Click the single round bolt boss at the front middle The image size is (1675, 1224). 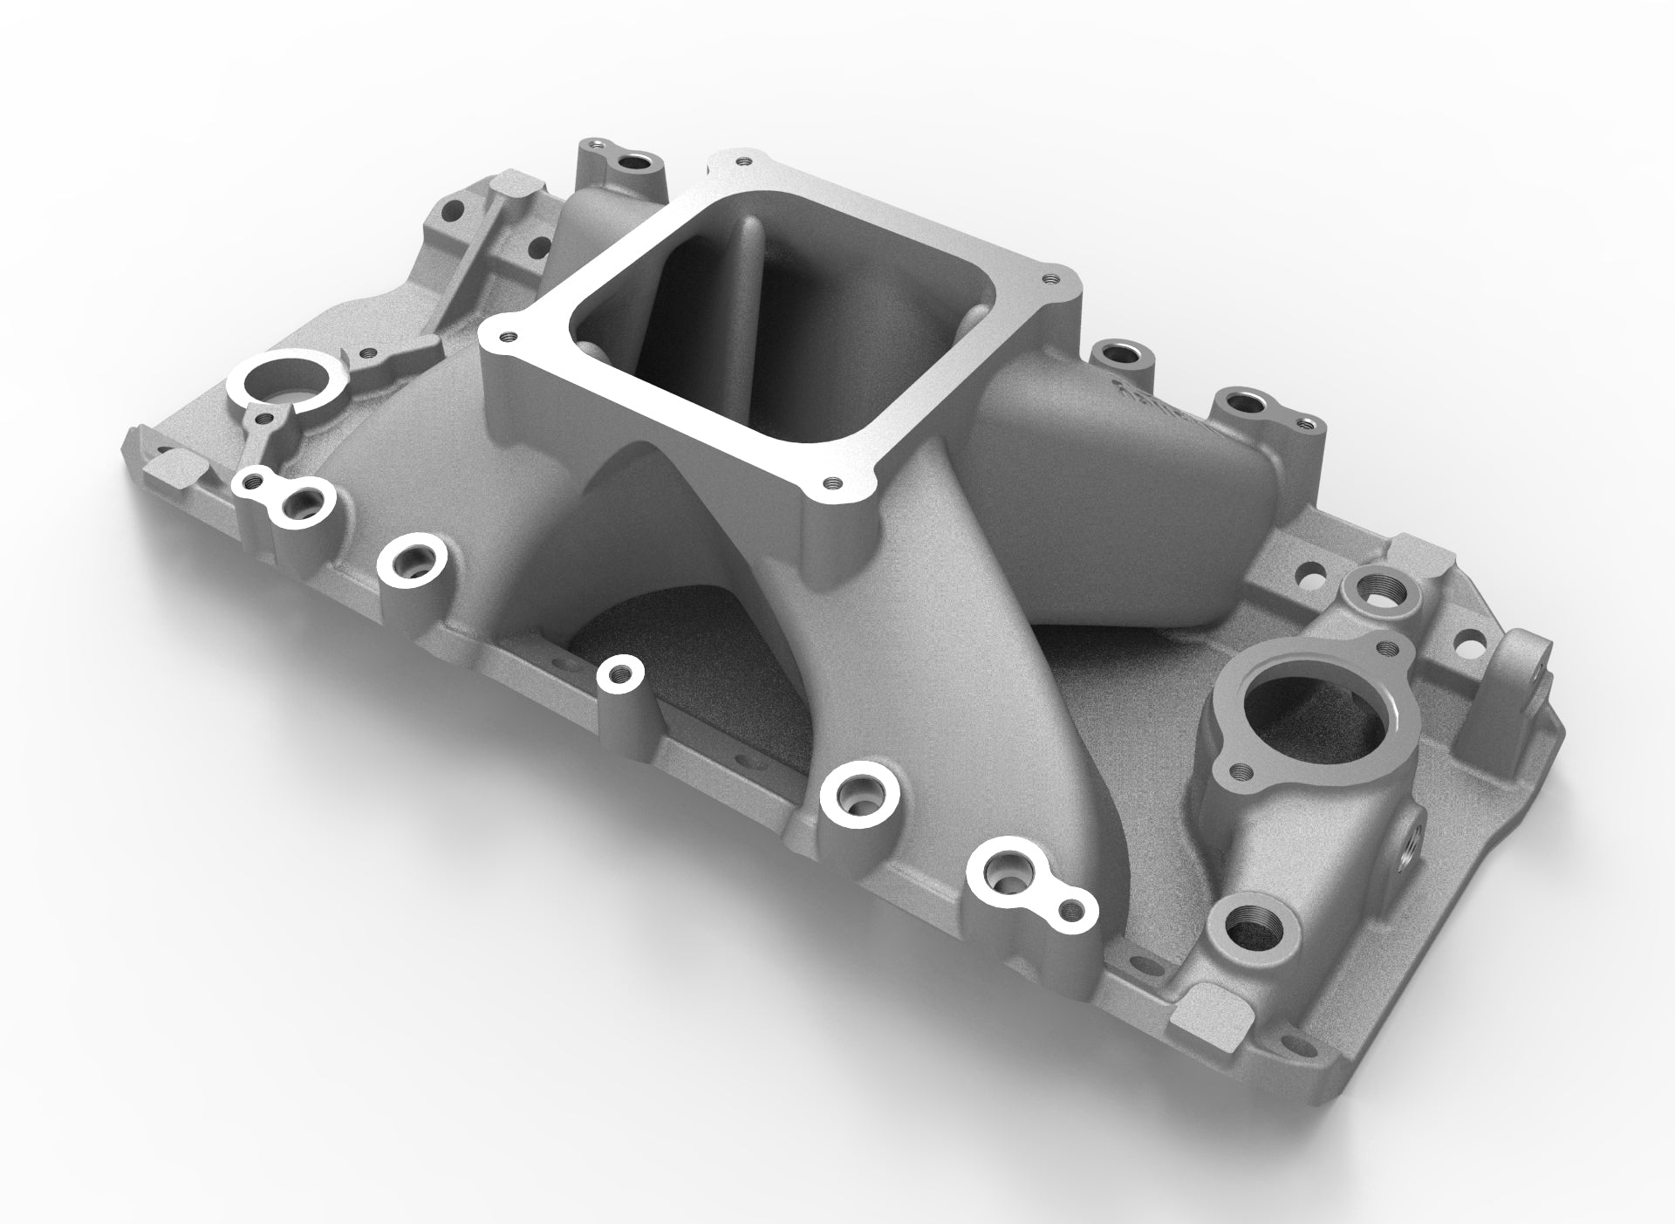tap(621, 673)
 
